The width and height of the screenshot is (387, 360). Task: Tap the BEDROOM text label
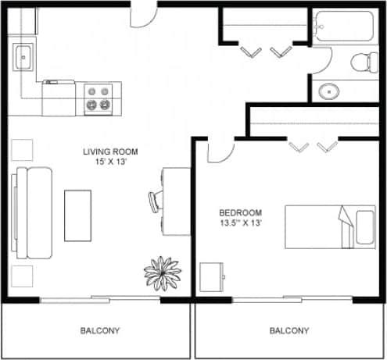tap(240, 212)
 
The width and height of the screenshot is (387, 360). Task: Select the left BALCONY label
tap(100, 330)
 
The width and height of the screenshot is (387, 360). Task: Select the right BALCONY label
tap(289, 330)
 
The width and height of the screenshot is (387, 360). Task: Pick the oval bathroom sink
tap(329, 91)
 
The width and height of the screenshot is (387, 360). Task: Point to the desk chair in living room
tap(154, 201)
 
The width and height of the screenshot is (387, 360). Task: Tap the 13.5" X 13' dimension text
tap(240, 223)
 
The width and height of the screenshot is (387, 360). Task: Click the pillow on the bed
tap(364, 226)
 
